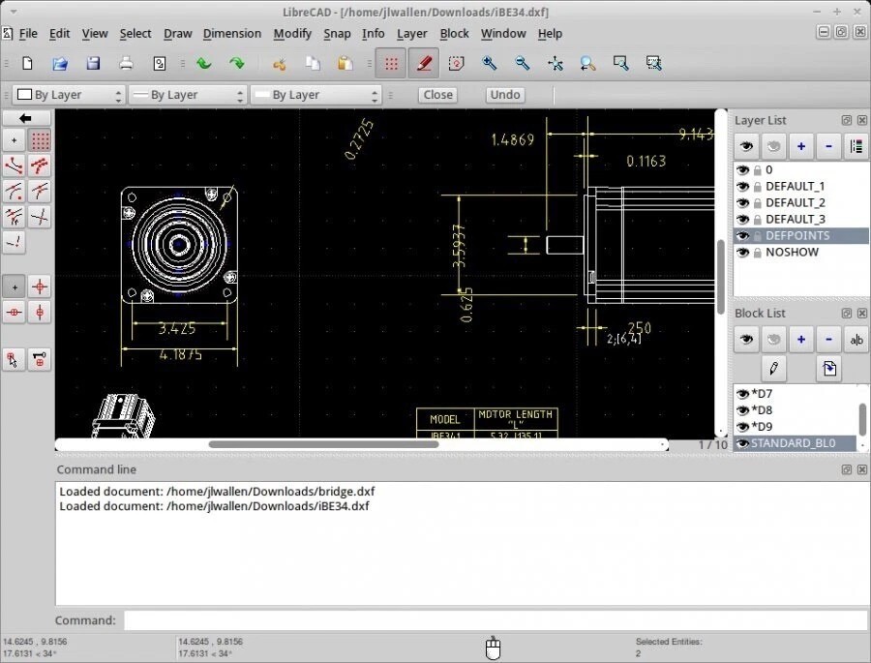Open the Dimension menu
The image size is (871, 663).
[x=231, y=33]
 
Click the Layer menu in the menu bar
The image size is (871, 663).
[x=411, y=33]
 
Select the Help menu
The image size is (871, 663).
[x=550, y=33]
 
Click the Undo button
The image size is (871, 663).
[x=505, y=95]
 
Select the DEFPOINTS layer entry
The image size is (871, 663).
[x=796, y=236]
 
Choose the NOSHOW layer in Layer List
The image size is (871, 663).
[x=792, y=253]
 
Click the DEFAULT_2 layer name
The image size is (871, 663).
[x=795, y=203]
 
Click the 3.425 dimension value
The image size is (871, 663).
[x=176, y=329]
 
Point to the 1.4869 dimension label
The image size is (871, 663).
[x=512, y=139]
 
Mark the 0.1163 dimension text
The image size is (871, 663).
[x=646, y=162]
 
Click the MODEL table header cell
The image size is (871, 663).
[x=444, y=419]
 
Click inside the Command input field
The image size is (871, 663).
[x=495, y=620]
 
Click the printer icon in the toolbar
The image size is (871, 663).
[x=126, y=64]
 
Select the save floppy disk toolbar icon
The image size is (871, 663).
[x=93, y=64]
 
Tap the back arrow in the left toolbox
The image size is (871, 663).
[x=26, y=118]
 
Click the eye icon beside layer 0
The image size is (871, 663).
[x=742, y=170]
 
